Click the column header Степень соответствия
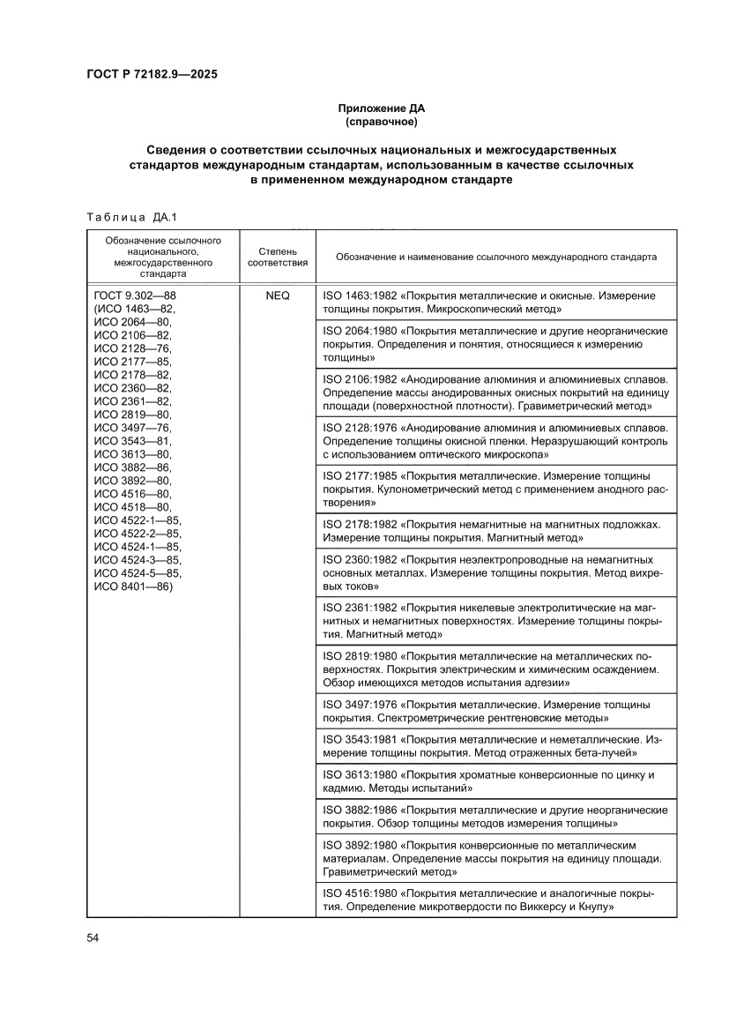(277, 257)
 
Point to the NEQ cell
(277, 296)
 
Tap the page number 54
(93, 938)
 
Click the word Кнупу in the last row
(592, 907)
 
